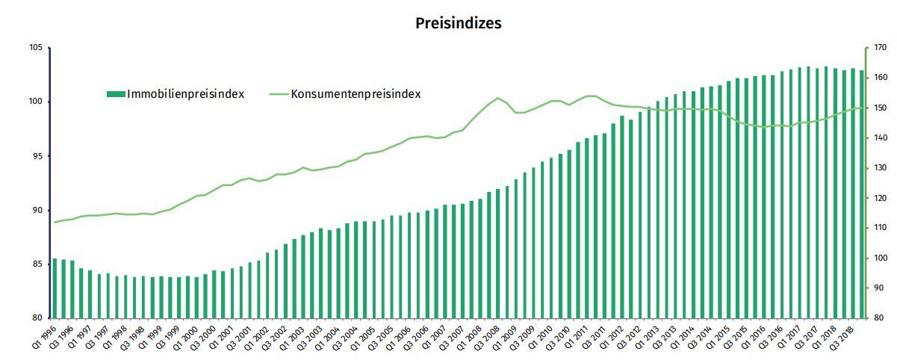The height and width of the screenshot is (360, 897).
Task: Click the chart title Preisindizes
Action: [x=458, y=23]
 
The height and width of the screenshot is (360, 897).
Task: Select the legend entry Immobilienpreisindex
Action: [x=186, y=94]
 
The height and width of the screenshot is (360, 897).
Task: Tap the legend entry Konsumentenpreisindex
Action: [x=356, y=94]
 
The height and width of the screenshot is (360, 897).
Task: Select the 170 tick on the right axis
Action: [x=878, y=48]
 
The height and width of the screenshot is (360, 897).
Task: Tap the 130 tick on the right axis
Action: [x=878, y=168]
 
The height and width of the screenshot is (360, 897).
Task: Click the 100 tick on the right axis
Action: [x=878, y=258]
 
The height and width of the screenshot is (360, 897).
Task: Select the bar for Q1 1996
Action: [x=55, y=288]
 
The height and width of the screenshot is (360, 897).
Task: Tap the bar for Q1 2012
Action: [x=622, y=217]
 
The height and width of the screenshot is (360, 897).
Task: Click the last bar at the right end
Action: [x=861, y=194]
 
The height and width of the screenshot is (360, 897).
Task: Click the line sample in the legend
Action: [x=277, y=94]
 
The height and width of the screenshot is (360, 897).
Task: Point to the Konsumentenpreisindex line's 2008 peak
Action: [x=497, y=98]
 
